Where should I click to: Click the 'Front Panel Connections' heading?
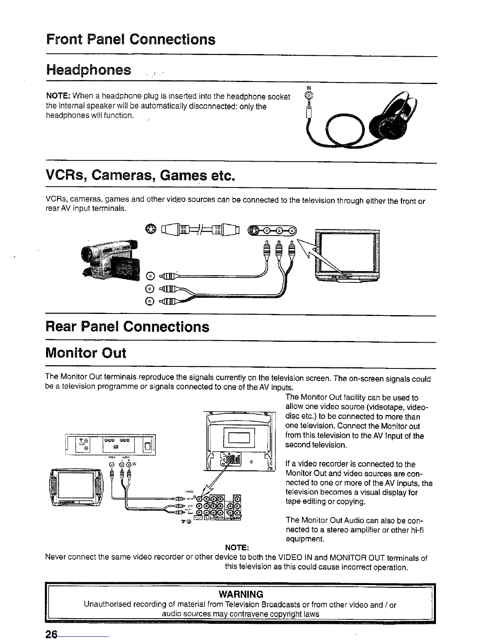131,40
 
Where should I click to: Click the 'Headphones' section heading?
89,70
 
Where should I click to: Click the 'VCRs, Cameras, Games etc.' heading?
140,176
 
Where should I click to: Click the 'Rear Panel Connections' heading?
128,326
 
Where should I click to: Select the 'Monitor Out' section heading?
86,353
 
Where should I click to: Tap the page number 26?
52,634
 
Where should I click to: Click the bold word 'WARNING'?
241,594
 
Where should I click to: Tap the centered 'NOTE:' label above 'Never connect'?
237,547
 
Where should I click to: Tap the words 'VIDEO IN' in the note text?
297,558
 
